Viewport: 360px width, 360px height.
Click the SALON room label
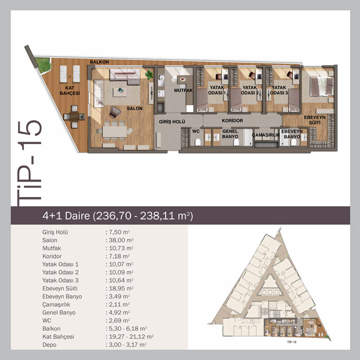pos(135,109)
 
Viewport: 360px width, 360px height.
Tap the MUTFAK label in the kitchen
pos(183,91)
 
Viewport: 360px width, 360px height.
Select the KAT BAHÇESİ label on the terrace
pos(69,91)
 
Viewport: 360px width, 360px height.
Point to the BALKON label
pos(99,62)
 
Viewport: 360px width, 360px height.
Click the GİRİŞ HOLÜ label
pos(172,122)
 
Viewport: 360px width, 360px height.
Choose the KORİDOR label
pos(232,120)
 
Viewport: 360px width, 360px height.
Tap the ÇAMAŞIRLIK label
pos(266,135)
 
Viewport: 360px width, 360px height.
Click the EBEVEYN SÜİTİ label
pos(315,120)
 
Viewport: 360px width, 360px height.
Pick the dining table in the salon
pos(114,132)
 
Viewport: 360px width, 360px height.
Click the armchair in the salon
pos(115,112)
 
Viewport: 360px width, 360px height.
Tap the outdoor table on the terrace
pos(74,117)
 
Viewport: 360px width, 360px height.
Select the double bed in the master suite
pos(321,86)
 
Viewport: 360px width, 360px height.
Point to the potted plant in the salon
pos(149,75)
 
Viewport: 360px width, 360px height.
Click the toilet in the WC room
pos(197,142)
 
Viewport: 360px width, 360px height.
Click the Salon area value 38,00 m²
pos(120,240)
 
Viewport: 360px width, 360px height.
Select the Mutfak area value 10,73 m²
pos(120,248)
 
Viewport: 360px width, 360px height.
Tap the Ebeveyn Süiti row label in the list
pos(60,289)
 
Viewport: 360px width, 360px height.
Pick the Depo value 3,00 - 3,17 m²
pos(126,345)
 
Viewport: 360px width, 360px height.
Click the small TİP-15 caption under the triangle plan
pos(292,342)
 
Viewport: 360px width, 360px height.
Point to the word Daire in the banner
pos(77,216)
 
